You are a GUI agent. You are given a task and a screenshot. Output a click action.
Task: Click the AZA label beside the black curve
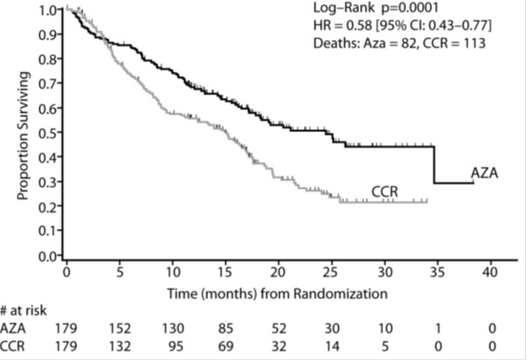point(484,173)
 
